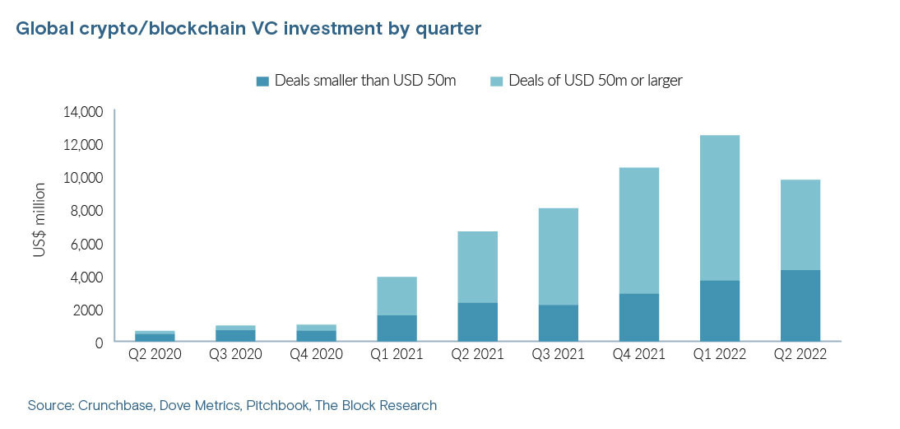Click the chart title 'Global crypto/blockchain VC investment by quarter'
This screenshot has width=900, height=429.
pos(248,30)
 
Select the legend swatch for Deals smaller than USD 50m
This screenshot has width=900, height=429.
pos(263,81)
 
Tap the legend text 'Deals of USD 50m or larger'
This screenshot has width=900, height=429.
pos(596,81)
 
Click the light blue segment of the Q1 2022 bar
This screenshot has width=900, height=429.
pos(720,208)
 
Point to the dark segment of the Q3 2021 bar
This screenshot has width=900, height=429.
pos(558,323)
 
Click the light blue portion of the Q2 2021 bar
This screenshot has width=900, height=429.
pos(477,267)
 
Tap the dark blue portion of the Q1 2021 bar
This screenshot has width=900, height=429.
pos(397,328)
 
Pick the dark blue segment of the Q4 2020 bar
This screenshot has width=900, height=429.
pos(316,336)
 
